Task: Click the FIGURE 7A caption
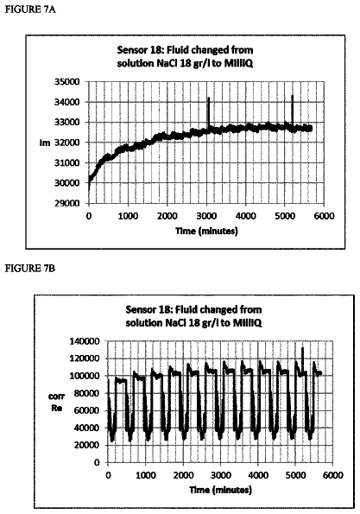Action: point(30,10)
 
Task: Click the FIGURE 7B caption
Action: point(30,269)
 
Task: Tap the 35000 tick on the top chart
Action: point(66,81)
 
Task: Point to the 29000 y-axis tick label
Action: point(66,203)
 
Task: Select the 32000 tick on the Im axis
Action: point(66,143)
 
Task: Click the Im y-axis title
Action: point(45,143)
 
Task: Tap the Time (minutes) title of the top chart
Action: point(206,232)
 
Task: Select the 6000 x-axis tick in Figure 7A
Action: point(324,216)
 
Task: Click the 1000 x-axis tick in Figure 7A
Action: point(128,216)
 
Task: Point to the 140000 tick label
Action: point(85,341)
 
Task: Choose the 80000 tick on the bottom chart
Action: point(87,393)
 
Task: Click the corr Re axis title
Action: point(57,403)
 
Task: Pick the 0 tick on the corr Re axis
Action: point(97,462)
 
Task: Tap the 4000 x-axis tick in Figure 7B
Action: point(258,475)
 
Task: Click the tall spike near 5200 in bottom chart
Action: point(302,359)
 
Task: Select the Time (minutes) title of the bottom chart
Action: point(221,491)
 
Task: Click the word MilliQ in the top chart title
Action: point(238,64)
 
